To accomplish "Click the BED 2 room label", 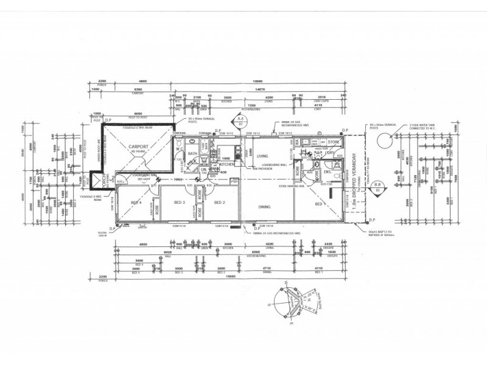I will tap(219, 201).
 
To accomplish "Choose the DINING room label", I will tap(264, 207).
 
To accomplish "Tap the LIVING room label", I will tap(264, 156).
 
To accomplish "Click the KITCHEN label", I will tap(227, 164).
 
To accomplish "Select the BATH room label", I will tap(191, 154).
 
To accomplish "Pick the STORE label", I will tap(332, 144).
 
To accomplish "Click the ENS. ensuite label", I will tap(328, 173).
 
